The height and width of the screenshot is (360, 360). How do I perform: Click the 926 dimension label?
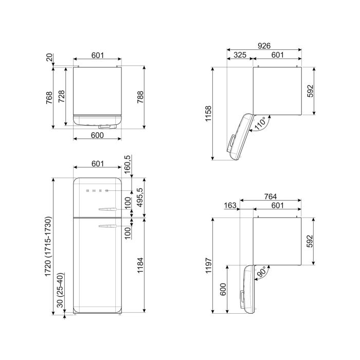[x=264, y=46]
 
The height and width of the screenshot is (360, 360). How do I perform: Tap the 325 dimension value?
[x=240, y=55]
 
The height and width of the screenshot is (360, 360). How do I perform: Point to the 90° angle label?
[x=261, y=272]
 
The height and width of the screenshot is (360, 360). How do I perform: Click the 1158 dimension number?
[x=208, y=114]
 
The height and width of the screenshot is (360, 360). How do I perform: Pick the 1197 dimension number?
[x=208, y=265]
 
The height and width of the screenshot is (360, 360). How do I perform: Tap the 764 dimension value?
[x=270, y=196]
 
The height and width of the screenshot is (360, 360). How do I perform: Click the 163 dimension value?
[x=230, y=205]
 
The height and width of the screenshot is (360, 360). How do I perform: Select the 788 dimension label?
[x=140, y=97]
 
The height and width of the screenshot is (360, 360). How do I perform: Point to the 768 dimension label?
[x=49, y=98]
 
